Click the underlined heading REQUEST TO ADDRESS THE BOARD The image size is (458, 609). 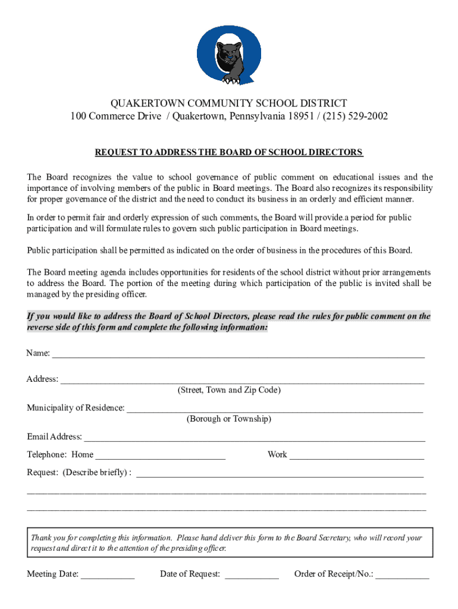[229, 152]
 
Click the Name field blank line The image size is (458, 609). [239, 355]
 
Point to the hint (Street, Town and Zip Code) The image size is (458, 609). [229, 390]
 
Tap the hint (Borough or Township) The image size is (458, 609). [229, 419]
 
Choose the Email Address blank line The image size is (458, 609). [255, 439]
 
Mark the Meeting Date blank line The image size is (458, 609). [108, 576]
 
